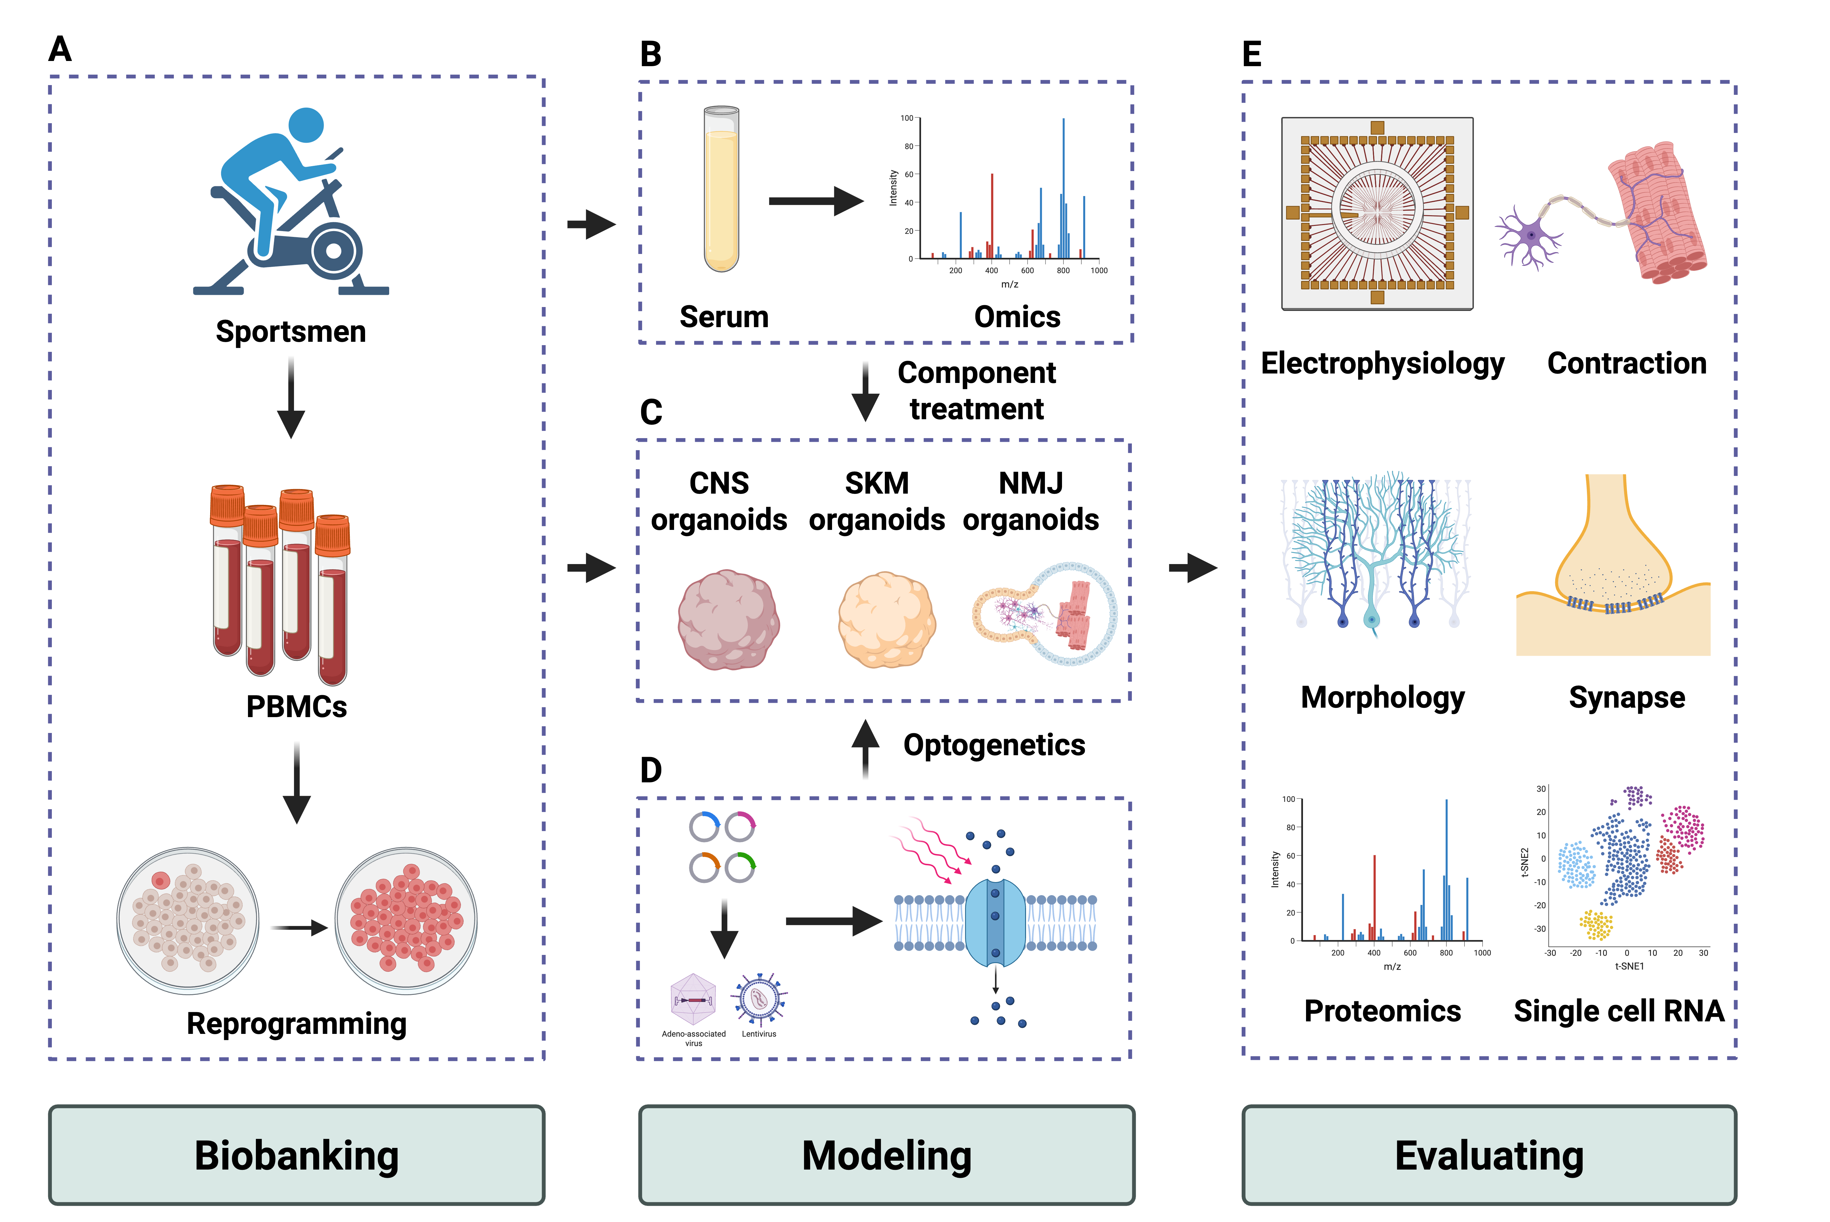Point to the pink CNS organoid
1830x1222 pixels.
(x=728, y=620)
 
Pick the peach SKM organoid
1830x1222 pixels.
(x=886, y=620)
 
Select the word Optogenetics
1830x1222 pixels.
(x=994, y=745)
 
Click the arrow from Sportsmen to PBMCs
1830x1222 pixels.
(x=291, y=398)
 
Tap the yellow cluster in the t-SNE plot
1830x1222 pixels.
(x=1596, y=925)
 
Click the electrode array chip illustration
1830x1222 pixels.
(x=1377, y=213)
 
